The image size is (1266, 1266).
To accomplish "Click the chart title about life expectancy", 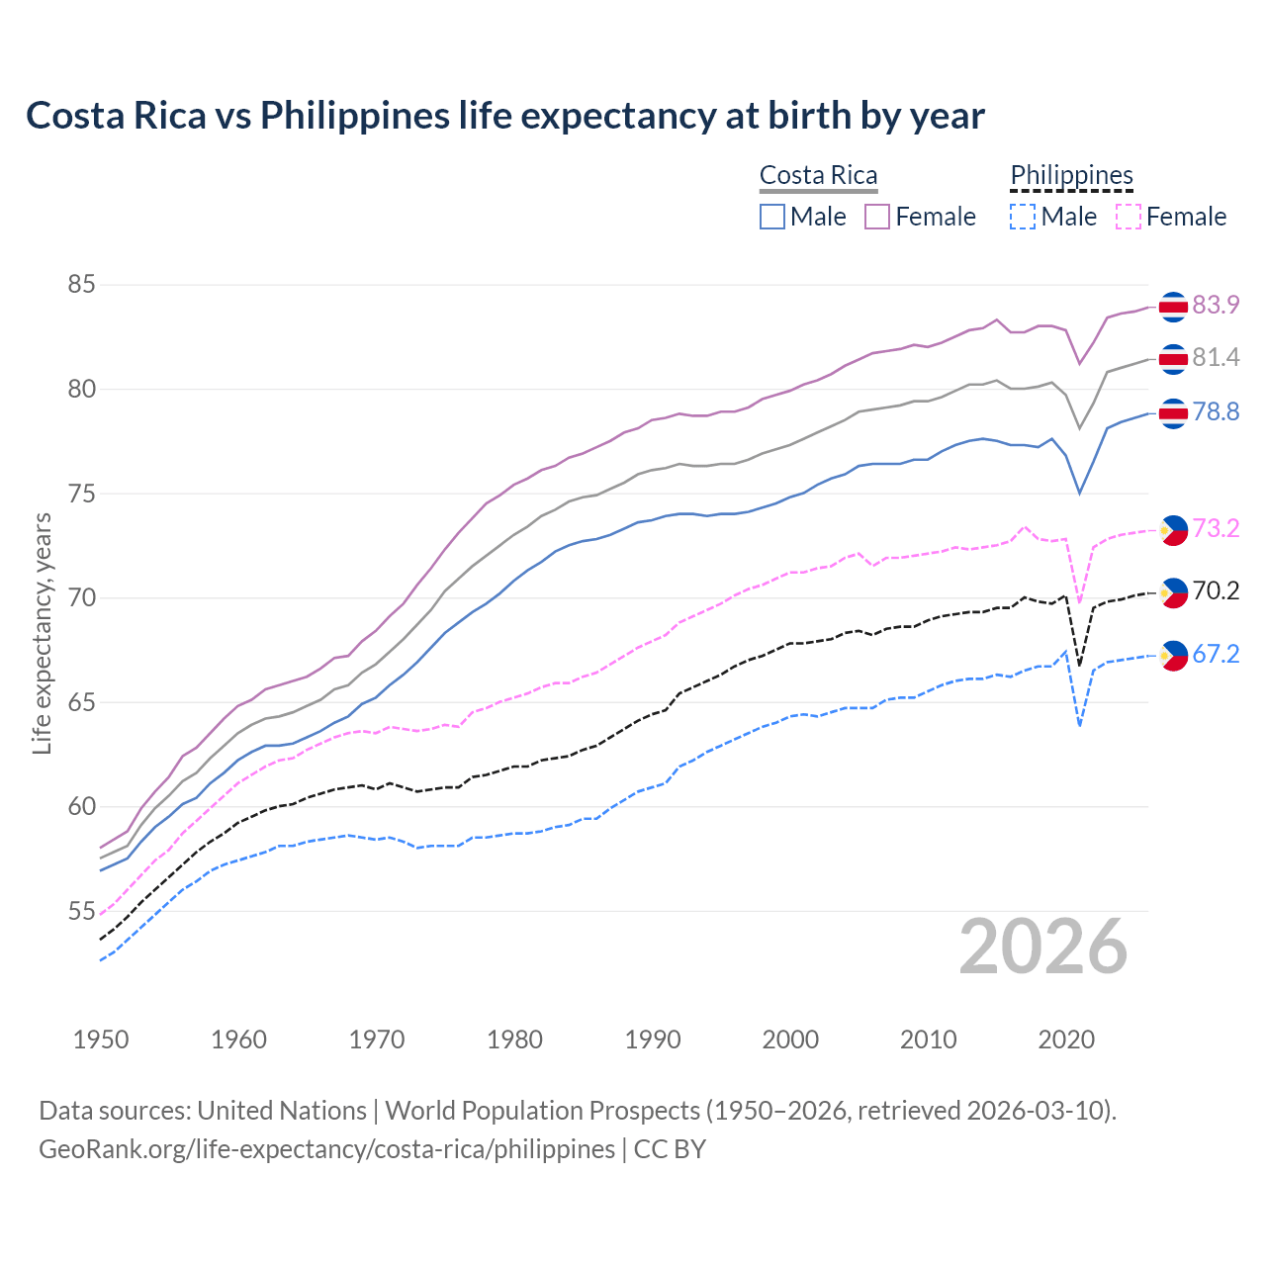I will (505, 116).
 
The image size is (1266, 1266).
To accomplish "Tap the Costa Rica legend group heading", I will (818, 176).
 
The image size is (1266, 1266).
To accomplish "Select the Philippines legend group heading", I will (1071, 176).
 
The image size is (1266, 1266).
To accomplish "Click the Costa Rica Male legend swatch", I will (772, 217).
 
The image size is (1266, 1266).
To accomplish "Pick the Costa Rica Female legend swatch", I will (877, 217).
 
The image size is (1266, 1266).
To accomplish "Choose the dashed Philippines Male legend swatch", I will (1023, 217).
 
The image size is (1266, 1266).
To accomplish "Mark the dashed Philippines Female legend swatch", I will (1129, 217).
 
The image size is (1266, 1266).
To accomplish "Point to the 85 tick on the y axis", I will (81, 285).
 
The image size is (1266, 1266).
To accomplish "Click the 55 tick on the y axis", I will (81, 911).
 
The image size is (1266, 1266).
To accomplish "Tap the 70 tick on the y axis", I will (81, 598).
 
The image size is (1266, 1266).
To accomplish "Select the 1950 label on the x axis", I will (101, 1040).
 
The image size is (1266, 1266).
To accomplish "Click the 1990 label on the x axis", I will (653, 1040).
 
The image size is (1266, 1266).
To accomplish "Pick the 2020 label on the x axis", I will (1066, 1040).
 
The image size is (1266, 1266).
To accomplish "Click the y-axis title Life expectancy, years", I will (42, 633).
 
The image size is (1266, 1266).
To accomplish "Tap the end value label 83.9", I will (1216, 305).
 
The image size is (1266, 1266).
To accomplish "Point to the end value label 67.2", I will (1216, 654).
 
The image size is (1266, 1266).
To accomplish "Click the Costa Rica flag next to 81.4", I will (1173, 359).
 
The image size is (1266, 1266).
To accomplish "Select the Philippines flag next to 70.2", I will (1173, 592).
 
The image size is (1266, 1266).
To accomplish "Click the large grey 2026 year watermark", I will (1043, 947).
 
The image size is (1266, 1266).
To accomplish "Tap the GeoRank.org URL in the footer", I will (326, 1149).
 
